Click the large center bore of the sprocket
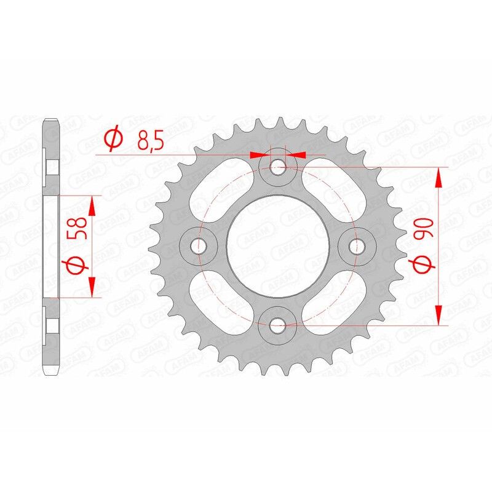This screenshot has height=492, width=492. pos(277,245)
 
